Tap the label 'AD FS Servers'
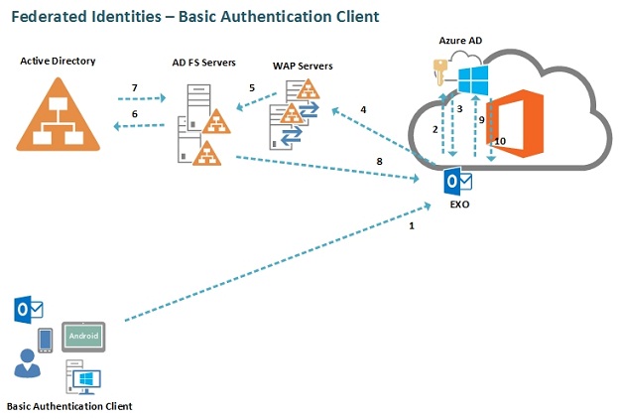point(204,63)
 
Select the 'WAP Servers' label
point(303,67)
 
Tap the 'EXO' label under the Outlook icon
point(458,205)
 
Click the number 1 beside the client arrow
point(412,226)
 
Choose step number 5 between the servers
point(252,88)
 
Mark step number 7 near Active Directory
point(135,88)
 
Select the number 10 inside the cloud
point(500,142)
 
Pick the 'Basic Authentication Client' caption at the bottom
point(69,406)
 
